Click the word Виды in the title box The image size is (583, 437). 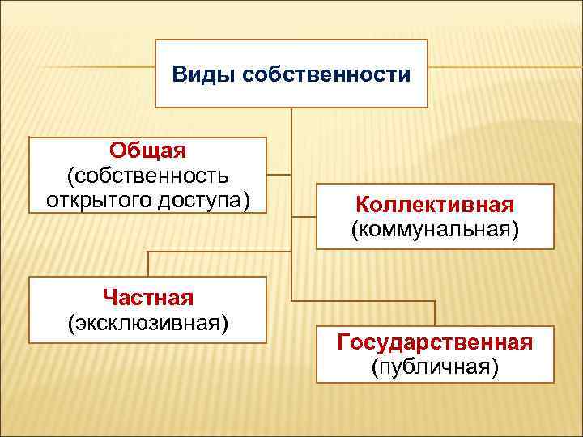(196, 75)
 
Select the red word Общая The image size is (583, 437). (147, 151)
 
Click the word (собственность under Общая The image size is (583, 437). (147, 175)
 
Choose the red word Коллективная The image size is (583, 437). (435, 205)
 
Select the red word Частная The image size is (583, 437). (147, 299)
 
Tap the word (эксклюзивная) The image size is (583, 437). (147, 323)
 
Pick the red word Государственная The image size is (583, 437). (435, 343)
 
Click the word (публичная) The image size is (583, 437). (435, 367)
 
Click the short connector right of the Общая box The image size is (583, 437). (279, 173)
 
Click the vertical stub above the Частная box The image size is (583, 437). (148, 264)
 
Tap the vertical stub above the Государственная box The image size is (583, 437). (435, 313)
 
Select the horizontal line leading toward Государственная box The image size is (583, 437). (364, 301)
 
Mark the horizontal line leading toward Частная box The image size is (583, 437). (219, 252)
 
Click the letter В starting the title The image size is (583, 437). (179, 75)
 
